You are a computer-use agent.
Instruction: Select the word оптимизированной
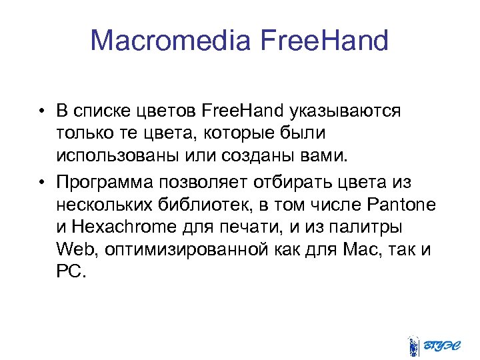[184, 250]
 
